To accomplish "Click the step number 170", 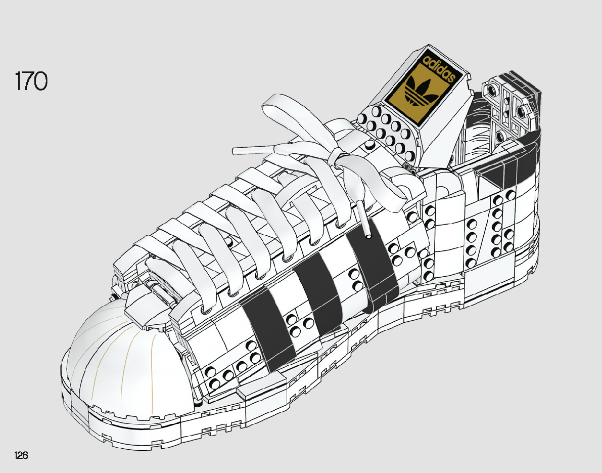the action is (x=31, y=82).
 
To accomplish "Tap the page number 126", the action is (x=21, y=455).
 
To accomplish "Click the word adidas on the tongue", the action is (x=438, y=71).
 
